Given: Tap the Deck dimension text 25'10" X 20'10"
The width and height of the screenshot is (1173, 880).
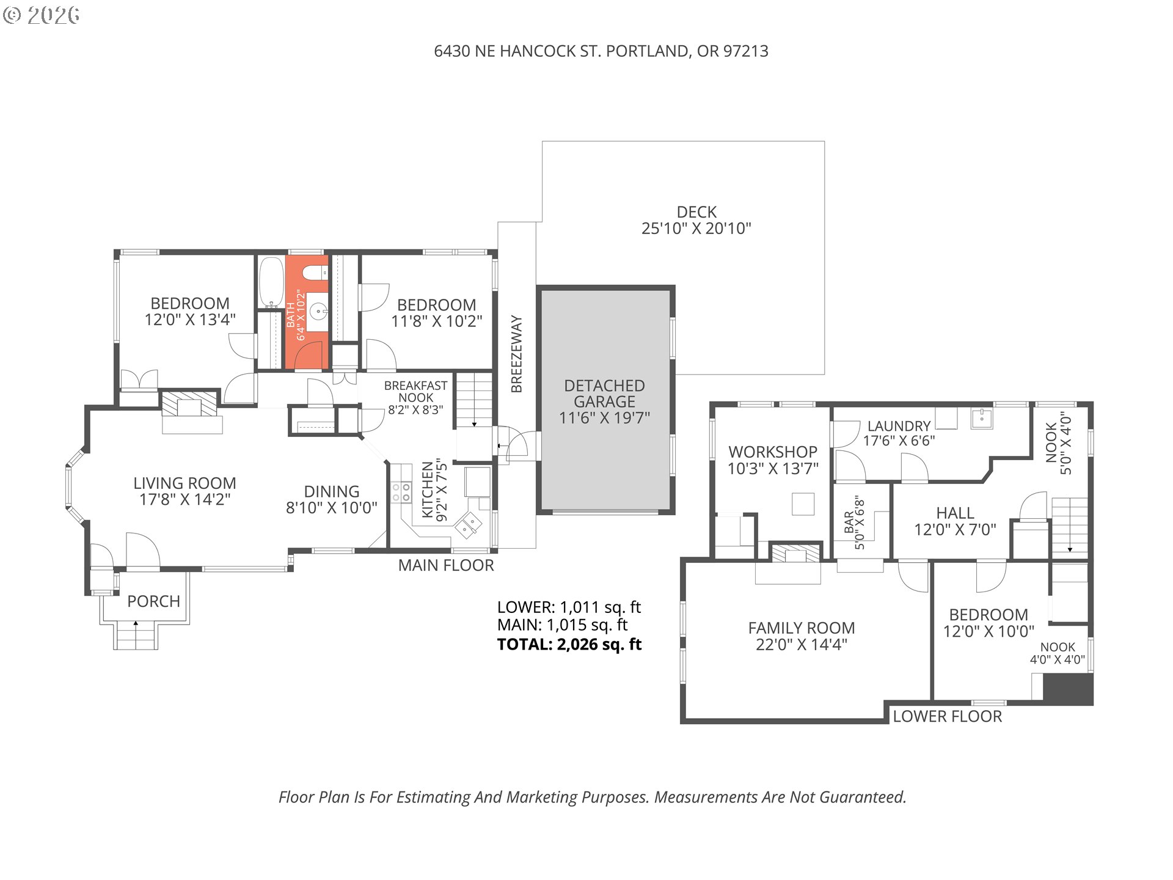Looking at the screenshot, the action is (x=696, y=229).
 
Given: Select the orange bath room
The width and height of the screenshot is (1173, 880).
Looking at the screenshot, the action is (x=307, y=312).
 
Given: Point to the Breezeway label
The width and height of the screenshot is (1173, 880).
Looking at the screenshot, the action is (x=517, y=353).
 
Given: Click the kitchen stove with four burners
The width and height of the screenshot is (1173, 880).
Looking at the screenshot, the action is (x=401, y=492).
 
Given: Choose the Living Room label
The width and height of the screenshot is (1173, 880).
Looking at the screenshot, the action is (x=185, y=483).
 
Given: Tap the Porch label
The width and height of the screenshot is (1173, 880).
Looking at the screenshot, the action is (x=153, y=601).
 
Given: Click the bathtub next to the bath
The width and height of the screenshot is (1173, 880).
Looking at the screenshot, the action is (x=269, y=282).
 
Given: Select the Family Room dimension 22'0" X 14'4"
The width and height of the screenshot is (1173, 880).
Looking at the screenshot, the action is (x=801, y=645).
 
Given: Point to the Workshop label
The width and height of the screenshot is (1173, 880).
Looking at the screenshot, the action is (x=773, y=452).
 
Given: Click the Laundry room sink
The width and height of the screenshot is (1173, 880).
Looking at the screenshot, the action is (x=982, y=419).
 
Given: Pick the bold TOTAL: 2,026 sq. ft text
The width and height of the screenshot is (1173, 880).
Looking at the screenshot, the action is (x=569, y=644).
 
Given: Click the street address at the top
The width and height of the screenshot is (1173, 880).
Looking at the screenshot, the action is (x=601, y=51).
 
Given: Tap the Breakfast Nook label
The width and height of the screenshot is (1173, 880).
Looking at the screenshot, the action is (x=415, y=391).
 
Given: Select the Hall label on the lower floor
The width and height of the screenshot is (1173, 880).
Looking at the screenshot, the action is (x=955, y=513).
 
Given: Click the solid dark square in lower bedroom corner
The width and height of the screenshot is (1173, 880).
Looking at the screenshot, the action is (x=1068, y=689).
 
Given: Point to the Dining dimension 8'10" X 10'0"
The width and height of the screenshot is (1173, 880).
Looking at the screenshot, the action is (x=332, y=508).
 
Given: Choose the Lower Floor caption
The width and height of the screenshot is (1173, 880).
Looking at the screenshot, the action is (x=947, y=716).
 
